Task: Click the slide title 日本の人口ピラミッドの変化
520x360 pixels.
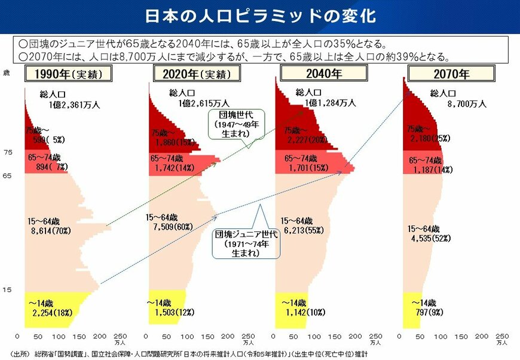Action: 260,16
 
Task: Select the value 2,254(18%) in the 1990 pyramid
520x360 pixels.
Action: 52,312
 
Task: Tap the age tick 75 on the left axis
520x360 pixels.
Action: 7,152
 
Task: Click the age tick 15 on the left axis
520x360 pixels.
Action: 7,290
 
